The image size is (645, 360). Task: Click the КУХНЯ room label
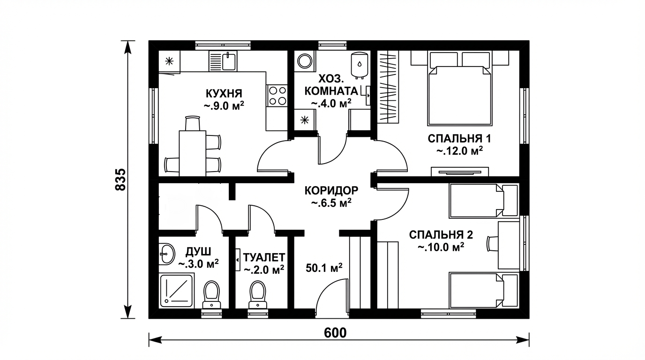[x=224, y=94]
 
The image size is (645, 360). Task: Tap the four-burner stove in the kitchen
[x=277, y=95]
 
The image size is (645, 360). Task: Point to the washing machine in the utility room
[x=305, y=61]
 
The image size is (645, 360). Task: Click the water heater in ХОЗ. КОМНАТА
[x=360, y=65]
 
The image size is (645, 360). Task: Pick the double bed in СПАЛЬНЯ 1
[x=459, y=89]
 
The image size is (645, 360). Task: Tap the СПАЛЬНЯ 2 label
[x=441, y=235]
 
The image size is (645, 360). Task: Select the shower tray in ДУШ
[x=177, y=291]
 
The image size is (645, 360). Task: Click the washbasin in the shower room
[x=166, y=254]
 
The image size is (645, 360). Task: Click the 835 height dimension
[x=120, y=180]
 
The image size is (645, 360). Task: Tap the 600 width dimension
[x=335, y=333]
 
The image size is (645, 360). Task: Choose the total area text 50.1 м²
[x=324, y=268]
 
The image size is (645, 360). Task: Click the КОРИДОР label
[x=331, y=190]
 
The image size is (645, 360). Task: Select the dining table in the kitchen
[x=192, y=153]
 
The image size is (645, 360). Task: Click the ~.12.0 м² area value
[x=459, y=151]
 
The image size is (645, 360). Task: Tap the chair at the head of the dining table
[x=192, y=123]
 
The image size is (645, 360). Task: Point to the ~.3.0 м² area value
[x=198, y=263]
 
